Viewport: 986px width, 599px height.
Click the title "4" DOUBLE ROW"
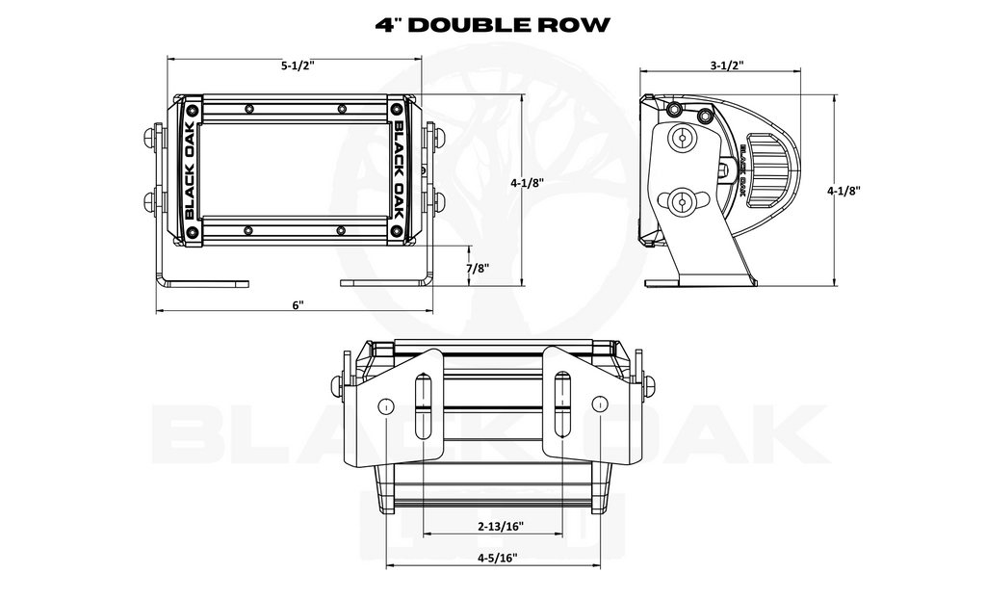point(492,24)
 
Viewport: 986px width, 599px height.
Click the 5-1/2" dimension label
point(297,65)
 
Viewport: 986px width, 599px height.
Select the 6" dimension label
point(298,305)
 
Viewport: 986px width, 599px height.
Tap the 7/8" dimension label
point(478,268)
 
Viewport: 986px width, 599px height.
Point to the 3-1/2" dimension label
point(727,65)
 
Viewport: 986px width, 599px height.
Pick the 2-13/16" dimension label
point(501,526)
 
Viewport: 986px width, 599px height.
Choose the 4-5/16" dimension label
point(497,558)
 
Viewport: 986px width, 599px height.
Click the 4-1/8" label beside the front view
point(527,183)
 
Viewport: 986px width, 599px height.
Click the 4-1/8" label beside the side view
point(843,191)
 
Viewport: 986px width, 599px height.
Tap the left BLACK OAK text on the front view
point(191,169)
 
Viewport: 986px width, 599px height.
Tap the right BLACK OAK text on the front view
point(398,169)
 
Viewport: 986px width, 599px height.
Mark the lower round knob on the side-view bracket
point(681,201)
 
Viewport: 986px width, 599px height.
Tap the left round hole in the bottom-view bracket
point(385,405)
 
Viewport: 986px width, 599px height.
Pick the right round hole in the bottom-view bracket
point(601,404)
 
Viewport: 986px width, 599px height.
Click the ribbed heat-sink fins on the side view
point(769,169)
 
